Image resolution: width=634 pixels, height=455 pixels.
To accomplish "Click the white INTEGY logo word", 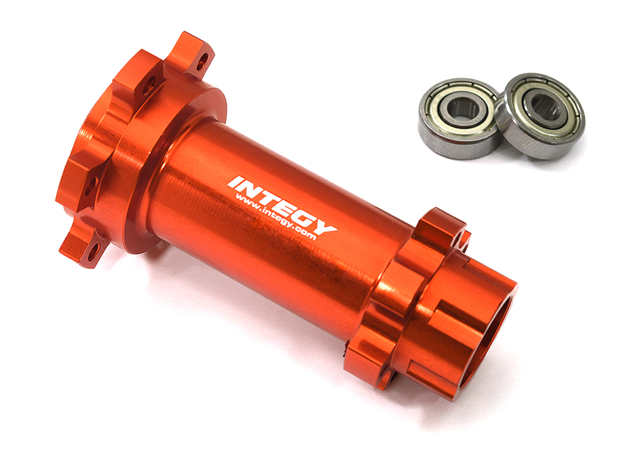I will tap(281, 202).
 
